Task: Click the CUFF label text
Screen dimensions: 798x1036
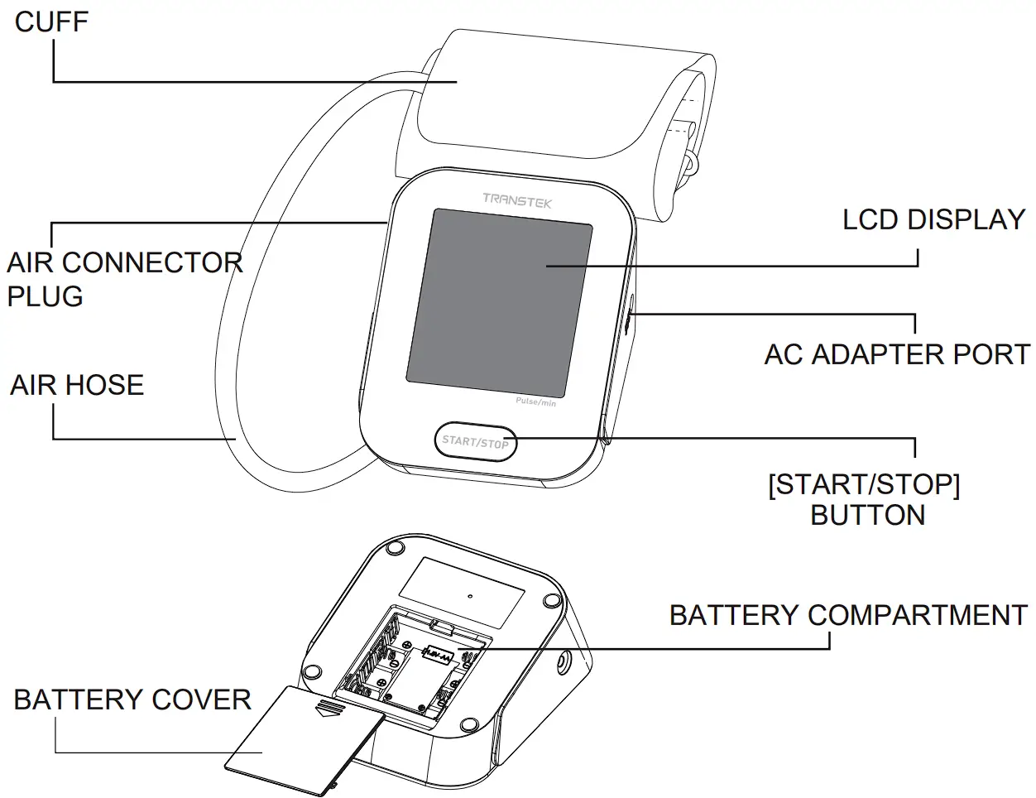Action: (x=51, y=22)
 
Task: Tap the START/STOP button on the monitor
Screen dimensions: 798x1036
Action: (x=475, y=441)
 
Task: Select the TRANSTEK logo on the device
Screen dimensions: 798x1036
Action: (x=517, y=199)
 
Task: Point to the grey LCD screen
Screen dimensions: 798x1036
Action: (x=500, y=302)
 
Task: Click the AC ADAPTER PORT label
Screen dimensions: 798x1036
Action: (x=897, y=354)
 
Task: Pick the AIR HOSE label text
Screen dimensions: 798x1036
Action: (x=77, y=385)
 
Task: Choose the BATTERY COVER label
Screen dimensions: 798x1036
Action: (x=132, y=699)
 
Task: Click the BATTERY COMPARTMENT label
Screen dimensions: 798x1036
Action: (x=848, y=615)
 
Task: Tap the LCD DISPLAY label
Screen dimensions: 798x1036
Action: (x=934, y=219)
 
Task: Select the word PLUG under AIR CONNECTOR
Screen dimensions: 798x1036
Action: (x=46, y=296)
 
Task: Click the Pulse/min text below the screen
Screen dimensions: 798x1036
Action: (x=535, y=402)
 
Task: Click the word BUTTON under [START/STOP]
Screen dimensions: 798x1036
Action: (x=867, y=515)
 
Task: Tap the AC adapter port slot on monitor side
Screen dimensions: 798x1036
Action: (x=628, y=319)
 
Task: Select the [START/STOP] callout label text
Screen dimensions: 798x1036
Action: (x=864, y=484)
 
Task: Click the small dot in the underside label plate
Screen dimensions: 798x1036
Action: (x=469, y=594)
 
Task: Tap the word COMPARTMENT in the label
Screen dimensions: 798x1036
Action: (x=918, y=615)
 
